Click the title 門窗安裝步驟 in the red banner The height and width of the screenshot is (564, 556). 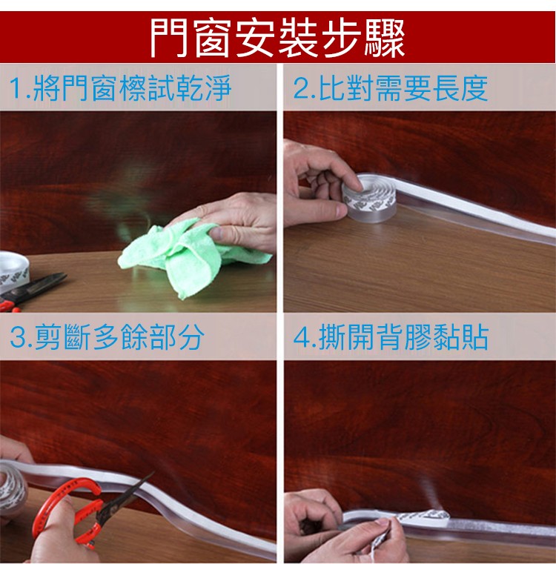click(277, 37)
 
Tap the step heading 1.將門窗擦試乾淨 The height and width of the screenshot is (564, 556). click(121, 87)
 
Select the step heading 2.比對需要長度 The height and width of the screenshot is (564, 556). click(391, 87)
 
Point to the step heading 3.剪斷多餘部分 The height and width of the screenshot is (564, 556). click(107, 337)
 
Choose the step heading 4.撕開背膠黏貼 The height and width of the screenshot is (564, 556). click(391, 337)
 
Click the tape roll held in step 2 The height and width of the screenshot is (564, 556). click(369, 198)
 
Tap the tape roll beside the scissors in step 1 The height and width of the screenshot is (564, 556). click(13, 269)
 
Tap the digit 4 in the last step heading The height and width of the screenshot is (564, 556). click(301, 338)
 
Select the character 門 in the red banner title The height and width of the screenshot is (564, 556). click(168, 37)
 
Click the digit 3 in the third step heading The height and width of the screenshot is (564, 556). click(17, 338)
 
